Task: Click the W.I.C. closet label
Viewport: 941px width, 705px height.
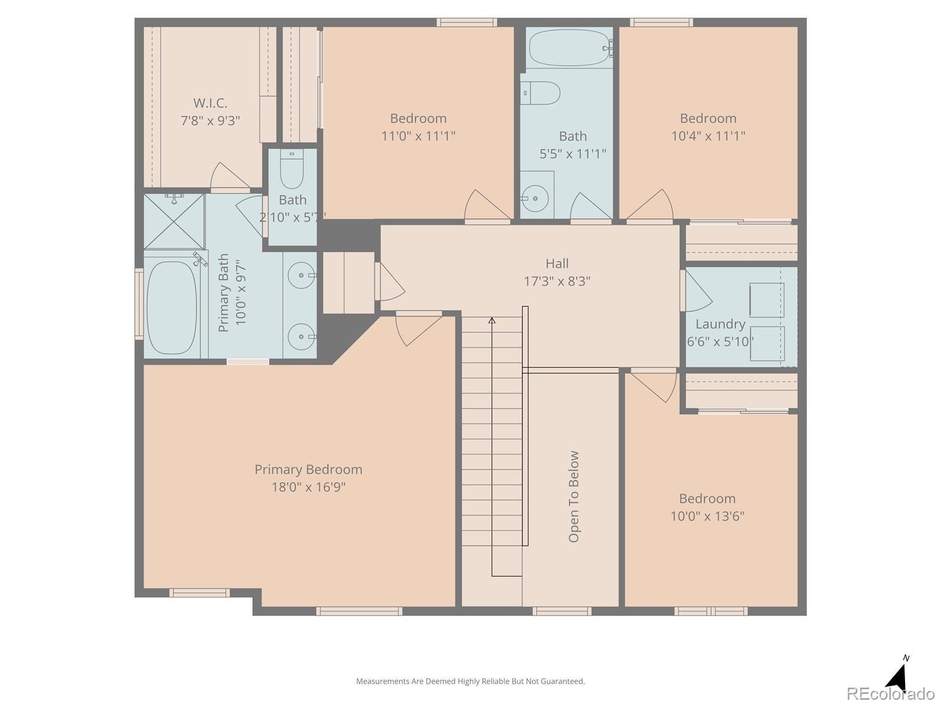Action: point(210,103)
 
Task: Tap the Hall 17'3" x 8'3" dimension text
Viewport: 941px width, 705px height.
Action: point(557,281)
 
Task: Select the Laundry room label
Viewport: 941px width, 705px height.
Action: point(720,324)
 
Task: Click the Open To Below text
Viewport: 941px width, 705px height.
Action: point(573,496)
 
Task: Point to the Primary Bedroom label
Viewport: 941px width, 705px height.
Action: point(308,469)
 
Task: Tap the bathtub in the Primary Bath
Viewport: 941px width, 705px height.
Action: point(172,308)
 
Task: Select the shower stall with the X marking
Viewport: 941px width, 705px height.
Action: point(174,221)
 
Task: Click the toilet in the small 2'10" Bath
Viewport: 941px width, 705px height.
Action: point(292,169)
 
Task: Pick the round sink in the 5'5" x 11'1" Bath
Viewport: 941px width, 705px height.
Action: point(535,199)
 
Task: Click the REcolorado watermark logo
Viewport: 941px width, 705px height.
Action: point(890,693)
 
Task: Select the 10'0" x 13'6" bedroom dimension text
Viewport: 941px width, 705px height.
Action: point(707,516)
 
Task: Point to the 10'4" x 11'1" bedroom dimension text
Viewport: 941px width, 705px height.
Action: point(708,136)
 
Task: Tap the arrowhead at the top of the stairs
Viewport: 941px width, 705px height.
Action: point(492,320)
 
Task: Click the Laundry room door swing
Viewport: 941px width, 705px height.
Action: point(698,290)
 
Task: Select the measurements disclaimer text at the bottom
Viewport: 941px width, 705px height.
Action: point(470,681)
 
